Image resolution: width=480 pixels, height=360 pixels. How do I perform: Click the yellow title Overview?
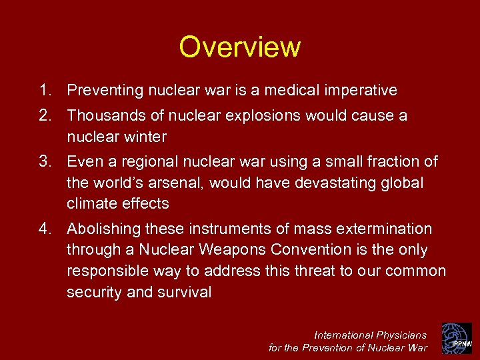tap(239, 47)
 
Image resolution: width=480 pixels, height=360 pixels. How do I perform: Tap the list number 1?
tap(44, 90)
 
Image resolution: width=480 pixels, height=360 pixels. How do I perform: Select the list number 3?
tap(44, 161)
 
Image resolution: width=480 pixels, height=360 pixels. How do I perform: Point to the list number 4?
tap(44, 229)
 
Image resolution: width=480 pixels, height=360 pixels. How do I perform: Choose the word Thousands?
tap(105, 116)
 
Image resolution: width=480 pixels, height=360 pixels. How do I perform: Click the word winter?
tap(145, 137)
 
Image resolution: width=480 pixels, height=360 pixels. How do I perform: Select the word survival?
tap(185, 292)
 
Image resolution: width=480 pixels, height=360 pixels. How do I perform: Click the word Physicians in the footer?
tap(401, 335)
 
